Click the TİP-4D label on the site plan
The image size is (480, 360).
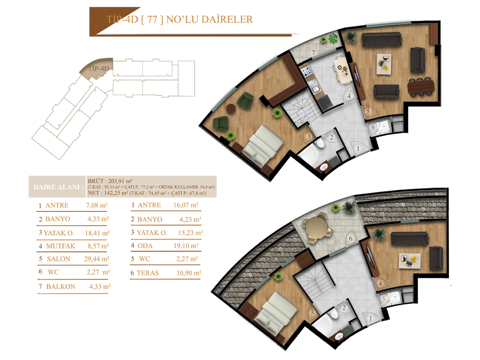(x=98, y=69)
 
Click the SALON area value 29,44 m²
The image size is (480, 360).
(x=97, y=259)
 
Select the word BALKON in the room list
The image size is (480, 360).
(x=61, y=286)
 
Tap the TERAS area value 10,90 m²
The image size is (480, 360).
(x=189, y=273)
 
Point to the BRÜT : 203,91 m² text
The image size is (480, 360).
(x=110, y=181)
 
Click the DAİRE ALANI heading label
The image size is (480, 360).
(x=58, y=187)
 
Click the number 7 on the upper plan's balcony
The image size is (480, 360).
(x=313, y=53)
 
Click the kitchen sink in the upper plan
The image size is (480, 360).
(x=315, y=88)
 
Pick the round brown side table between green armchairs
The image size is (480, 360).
(x=231, y=108)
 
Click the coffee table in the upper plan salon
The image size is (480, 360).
(x=384, y=64)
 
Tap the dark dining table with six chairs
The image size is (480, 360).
(x=420, y=87)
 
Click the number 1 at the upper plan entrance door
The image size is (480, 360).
(x=358, y=149)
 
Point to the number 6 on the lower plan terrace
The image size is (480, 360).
(x=350, y=238)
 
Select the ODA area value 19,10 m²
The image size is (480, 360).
(x=186, y=246)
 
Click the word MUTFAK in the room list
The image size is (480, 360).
(x=61, y=246)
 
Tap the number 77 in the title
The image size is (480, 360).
(x=152, y=20)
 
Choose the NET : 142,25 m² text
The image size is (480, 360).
(x=108, y=193)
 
